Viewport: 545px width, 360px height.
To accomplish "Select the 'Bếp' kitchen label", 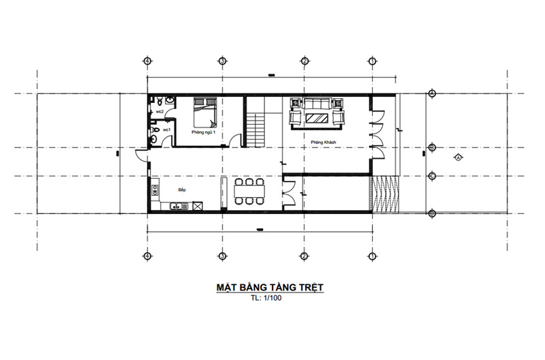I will click(x=182, y=189).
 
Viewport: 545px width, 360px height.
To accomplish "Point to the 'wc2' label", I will click(x=159, y=110).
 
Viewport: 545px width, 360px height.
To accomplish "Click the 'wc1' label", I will click(x=166, y=129).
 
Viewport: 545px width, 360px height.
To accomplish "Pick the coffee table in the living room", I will click(x=317, y=118).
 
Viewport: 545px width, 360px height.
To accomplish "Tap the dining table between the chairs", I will click(x=249, y=191).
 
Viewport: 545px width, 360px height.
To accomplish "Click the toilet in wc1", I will click(x=155, y=130).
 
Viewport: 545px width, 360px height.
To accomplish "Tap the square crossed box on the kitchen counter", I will click(x=198, y=205).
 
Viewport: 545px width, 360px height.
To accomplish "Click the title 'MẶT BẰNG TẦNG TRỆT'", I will click(x=270, y=288).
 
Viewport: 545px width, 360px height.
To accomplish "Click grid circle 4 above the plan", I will click(x=147, y=61).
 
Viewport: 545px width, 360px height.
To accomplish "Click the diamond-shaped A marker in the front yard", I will click(x=458, y=157).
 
